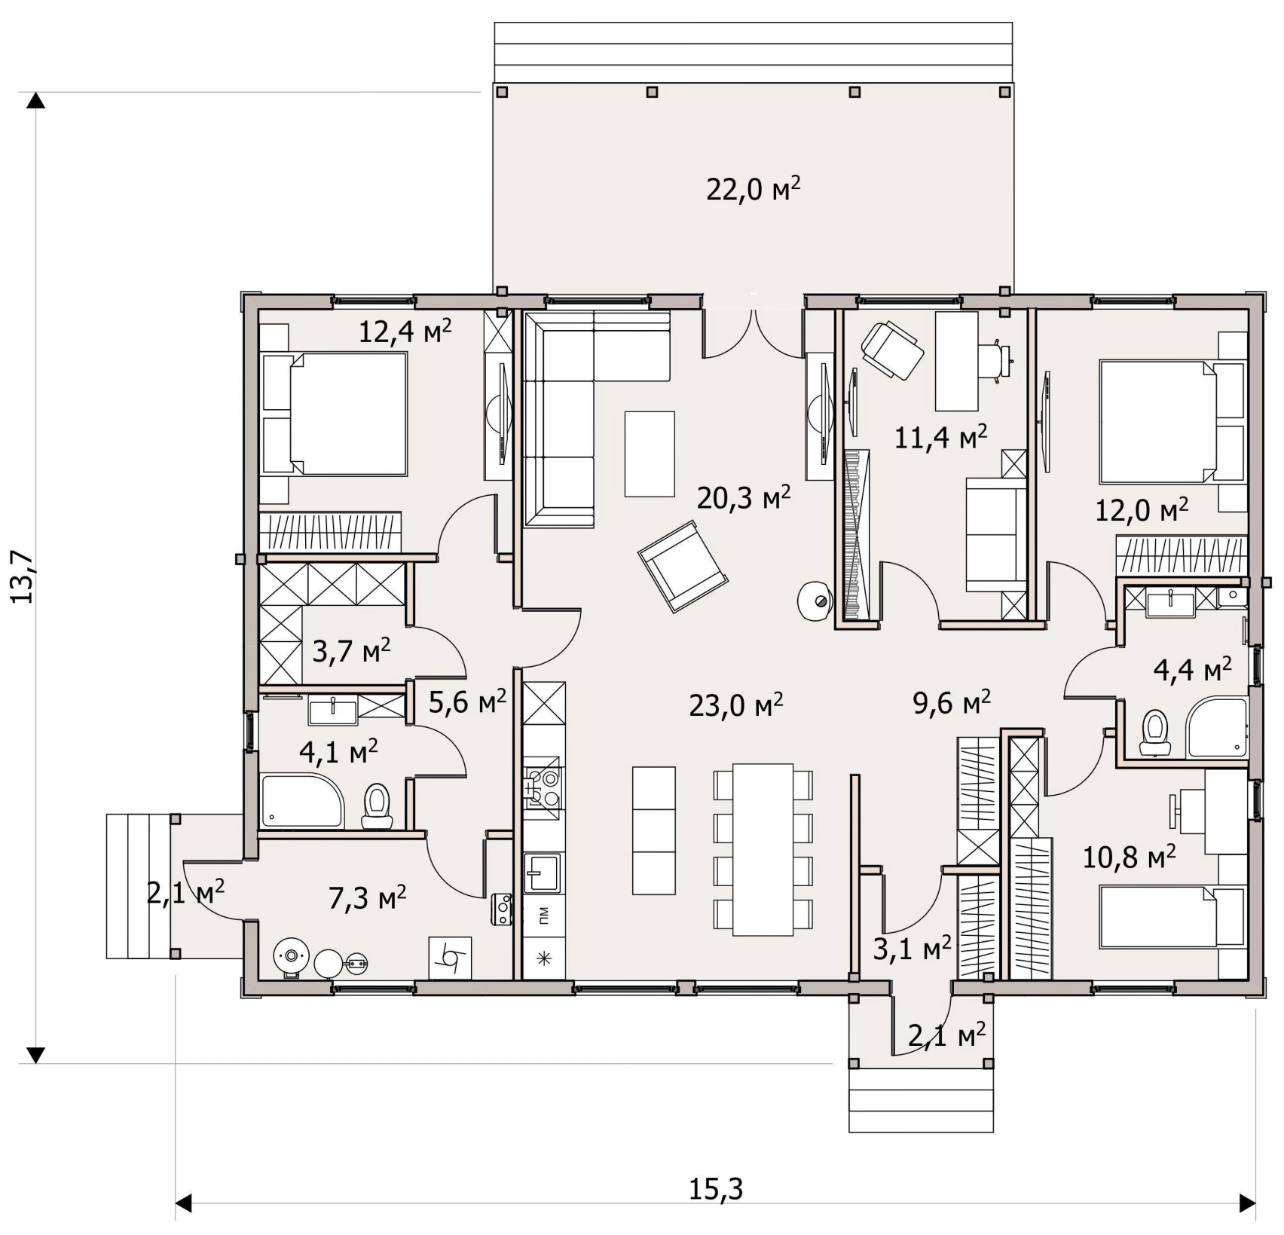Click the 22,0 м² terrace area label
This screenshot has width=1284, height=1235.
753,189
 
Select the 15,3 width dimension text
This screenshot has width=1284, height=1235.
716,1189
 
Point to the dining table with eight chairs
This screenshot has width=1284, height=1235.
763,849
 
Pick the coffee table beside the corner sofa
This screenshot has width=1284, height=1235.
650,454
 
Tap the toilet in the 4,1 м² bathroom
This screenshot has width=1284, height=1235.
377,806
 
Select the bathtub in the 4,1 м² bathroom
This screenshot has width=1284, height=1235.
302,801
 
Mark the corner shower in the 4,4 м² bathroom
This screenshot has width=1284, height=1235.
1216,727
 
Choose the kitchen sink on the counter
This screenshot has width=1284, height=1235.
542,873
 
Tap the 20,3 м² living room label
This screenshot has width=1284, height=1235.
744,497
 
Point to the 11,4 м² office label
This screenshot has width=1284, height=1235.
940,436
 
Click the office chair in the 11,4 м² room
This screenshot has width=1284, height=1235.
892,350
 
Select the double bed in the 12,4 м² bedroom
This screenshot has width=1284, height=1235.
335,413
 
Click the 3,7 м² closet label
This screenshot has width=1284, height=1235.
351,650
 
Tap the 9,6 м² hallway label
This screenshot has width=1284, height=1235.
952,702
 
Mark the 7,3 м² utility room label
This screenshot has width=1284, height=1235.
368,897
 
